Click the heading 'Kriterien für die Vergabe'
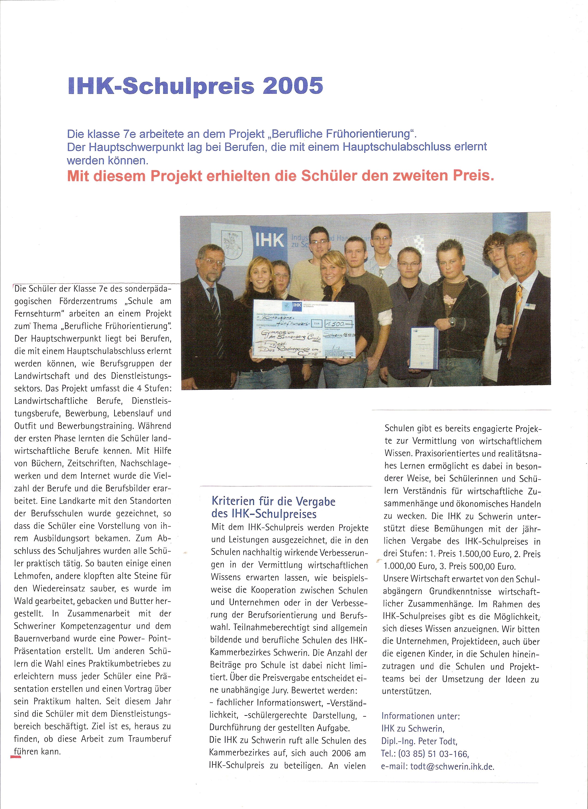click(x=273, y=501)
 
